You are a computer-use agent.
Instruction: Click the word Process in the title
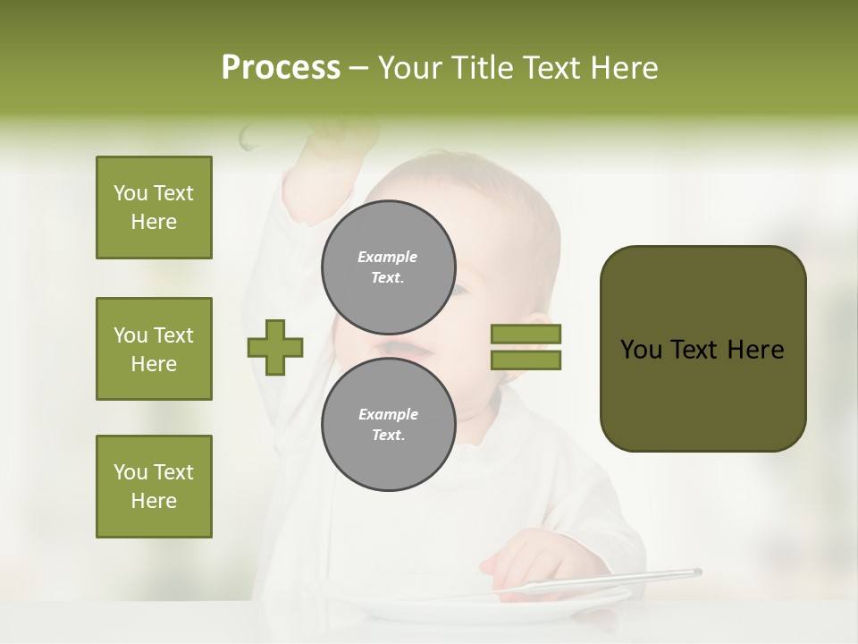pos(281,68)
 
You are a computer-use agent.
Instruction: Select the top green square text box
pos(154,208)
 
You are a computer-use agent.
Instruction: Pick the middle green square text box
pos(154,349)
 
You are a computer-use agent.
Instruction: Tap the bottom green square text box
pos(154,487)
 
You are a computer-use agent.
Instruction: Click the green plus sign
pos(275,346)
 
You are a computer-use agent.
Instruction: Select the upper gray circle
pos(389,267)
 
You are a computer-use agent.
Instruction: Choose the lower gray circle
pos(389,424)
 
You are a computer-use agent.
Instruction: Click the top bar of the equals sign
pos(526,334)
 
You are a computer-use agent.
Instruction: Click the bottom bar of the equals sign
pos(526,360)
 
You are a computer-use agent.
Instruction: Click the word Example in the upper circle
pos(387,257)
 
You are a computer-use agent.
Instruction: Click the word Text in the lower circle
pos(387,435)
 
